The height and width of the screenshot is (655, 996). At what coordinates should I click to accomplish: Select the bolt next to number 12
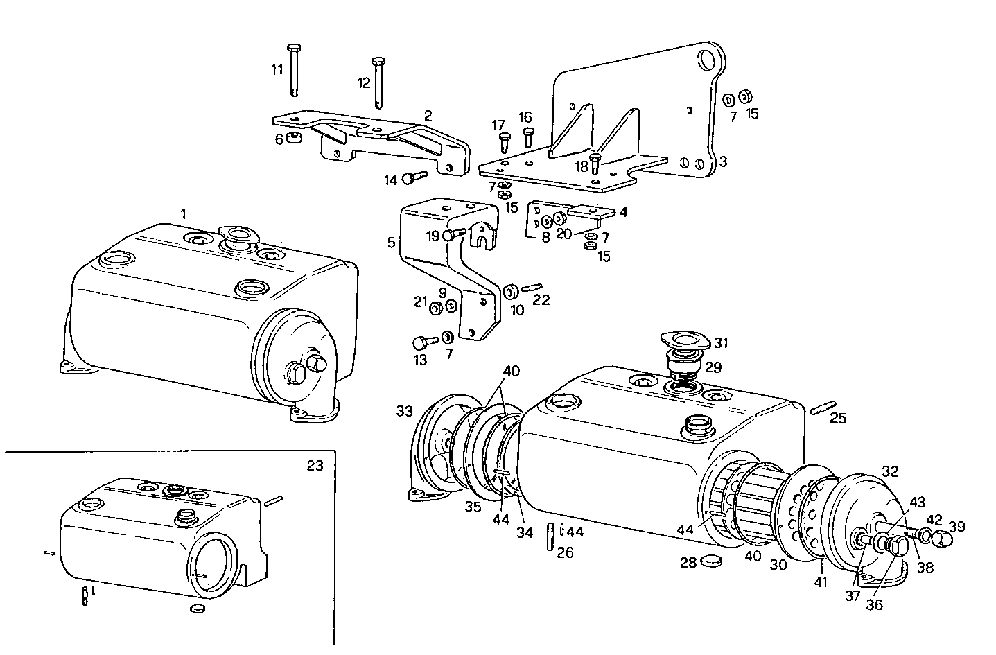coord(378,82)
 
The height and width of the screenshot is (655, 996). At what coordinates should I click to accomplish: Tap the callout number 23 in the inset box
coord(315,466)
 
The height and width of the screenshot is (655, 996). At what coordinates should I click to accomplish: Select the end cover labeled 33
coord(431,451)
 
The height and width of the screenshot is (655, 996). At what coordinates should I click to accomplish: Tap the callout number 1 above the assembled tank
coord(183,214)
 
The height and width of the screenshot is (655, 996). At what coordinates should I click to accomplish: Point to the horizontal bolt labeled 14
coord(414,178)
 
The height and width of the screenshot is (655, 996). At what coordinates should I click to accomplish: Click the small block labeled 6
coord(294,137)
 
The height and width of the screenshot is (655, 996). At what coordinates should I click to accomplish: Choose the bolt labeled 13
coord(423,342)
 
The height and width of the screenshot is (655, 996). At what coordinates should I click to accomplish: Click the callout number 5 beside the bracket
coord(391,243)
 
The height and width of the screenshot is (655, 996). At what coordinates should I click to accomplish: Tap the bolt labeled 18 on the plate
coord(595,164)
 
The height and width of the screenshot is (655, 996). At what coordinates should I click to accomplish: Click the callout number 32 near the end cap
coord(890,471)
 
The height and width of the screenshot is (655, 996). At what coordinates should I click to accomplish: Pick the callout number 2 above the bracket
coord(428,116)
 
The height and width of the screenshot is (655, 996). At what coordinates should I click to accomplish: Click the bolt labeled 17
coord(505,141)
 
